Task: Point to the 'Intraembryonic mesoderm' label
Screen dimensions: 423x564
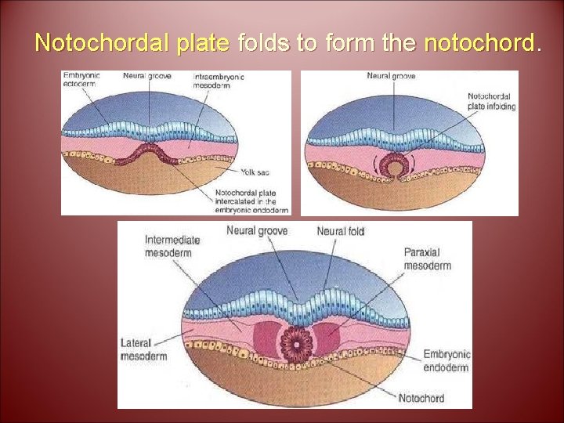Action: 219,81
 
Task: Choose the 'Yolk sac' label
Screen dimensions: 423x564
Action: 255,172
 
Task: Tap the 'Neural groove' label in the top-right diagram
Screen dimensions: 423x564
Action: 392,75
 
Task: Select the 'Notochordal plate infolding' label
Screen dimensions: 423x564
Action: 491,101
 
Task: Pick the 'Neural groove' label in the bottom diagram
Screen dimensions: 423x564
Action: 257,230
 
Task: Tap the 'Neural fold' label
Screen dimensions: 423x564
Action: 341,230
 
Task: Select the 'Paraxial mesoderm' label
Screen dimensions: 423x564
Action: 427,258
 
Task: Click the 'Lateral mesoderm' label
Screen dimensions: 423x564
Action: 143,349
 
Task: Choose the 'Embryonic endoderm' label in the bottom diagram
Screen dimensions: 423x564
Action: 446,360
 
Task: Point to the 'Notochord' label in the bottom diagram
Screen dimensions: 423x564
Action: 421,398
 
